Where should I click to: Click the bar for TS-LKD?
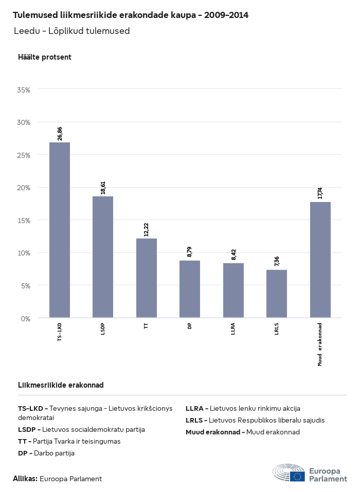(x=60, y=230)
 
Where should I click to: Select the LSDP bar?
(x=103, y=257)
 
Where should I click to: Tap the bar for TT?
(x=147, y=278)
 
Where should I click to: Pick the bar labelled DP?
(x=190, y=289)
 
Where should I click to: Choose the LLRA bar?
(x=233, y=290)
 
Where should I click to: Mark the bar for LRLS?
(x=277, y=294)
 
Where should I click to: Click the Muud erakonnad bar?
(x=320, y=260)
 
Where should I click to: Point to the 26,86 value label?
(x=60, y=133)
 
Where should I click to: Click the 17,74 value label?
(x=320, y=193)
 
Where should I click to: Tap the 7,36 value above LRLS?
(x=277, y=261)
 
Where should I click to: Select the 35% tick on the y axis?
(x=24, y=90)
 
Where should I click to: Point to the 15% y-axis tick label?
(x=24, y=221)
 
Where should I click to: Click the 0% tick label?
(x=26, y=318)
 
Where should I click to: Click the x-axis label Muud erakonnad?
(x=320, y=344)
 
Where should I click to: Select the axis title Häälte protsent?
(x=45, y=57)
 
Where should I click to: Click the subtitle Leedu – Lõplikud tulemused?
(x=71, y=31)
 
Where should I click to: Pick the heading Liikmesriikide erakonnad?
(x=61, y=385)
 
